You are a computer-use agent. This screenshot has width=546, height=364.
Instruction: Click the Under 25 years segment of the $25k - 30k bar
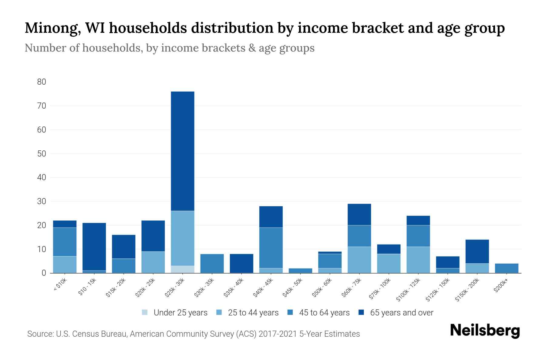(183, 269)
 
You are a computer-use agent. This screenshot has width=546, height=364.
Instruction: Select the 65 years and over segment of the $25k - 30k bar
(183, 151)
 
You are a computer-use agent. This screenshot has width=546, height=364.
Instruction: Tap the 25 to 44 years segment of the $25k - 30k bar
(183, 238)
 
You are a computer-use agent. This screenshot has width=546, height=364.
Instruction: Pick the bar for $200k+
(507, 268)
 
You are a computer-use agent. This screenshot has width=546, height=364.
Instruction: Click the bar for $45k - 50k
(301, 271)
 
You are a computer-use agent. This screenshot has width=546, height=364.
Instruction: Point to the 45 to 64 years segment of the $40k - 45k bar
(271, 248)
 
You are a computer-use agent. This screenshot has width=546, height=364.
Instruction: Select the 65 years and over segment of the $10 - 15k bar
(94, 247)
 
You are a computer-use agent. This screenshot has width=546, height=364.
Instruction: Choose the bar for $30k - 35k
(212, 264)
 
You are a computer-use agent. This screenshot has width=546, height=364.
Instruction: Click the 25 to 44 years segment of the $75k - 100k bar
(389, 264)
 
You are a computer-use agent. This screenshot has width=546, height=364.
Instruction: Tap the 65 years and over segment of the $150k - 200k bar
(477, 251)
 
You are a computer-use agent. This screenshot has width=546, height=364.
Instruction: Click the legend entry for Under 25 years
(175, 313)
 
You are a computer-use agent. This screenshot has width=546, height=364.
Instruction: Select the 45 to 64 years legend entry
(318, 313)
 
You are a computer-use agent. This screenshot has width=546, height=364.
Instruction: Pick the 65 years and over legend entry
(396, 313)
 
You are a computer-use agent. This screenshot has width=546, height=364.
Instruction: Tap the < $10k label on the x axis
(60, 285)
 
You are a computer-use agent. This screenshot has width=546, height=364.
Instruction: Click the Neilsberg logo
(485, 331)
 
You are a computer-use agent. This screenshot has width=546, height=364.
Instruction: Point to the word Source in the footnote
(39, 334)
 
